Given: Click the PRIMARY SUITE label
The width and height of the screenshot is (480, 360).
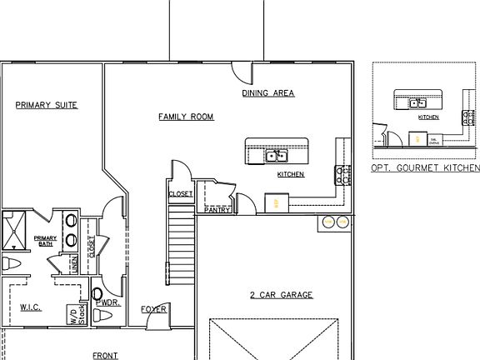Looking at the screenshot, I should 47,105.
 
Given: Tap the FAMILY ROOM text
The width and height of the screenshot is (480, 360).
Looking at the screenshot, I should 186,117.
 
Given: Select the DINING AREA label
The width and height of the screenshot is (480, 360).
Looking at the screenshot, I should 268,93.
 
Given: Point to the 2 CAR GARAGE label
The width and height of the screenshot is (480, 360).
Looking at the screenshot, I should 281,295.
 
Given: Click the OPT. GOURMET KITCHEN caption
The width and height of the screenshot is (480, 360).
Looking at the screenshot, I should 425,168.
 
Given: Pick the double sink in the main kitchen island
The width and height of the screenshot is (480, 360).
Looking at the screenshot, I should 276,156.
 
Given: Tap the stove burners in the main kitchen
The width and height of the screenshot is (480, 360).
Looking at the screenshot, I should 342,175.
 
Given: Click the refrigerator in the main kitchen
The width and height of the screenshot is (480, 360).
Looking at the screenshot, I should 277,202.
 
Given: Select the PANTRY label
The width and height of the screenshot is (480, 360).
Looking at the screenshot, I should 217,210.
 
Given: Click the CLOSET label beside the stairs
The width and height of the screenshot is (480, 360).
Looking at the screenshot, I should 181,194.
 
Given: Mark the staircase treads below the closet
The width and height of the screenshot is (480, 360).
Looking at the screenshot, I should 181,246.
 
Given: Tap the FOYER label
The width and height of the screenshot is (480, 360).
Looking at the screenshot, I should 153,309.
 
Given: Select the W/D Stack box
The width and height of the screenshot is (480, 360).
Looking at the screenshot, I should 77,313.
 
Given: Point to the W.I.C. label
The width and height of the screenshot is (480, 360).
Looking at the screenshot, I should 31,307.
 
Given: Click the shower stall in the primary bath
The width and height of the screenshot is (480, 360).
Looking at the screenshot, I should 13,231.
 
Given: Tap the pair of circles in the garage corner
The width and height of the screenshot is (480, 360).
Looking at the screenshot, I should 334,222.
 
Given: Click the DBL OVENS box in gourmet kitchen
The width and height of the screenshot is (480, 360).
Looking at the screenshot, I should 434,141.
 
